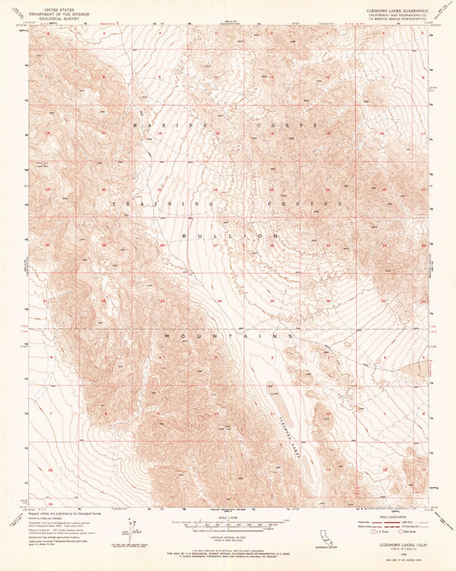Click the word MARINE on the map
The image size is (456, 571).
[x=152, y=124]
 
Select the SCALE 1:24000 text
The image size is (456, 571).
[x=228, y=516]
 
